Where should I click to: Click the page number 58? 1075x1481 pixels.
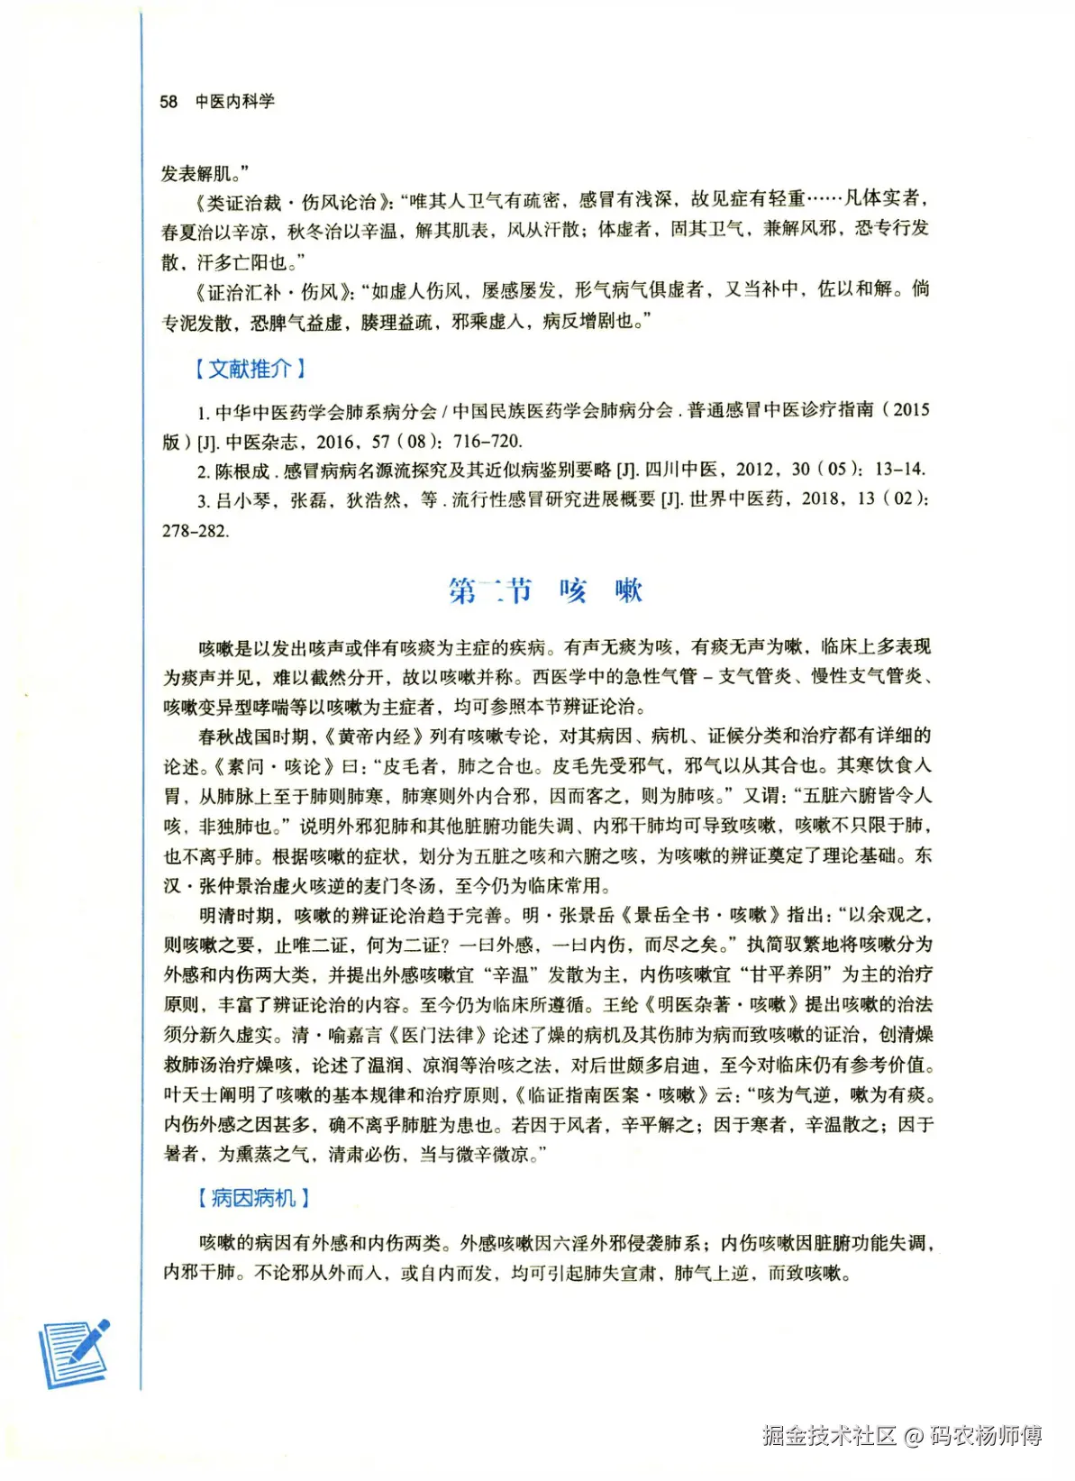coord(169,102)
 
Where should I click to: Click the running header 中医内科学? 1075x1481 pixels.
coord(235,102)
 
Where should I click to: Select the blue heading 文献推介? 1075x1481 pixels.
coord(251,369)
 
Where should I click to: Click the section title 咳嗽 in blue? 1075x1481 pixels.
coord(600,590)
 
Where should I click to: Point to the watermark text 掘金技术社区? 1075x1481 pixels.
coord(829,1435)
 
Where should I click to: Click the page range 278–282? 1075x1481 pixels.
coord(196,531)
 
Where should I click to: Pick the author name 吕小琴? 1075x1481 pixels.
coord(243,500)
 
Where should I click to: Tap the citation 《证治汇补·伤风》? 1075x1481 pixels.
coord(270,291)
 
